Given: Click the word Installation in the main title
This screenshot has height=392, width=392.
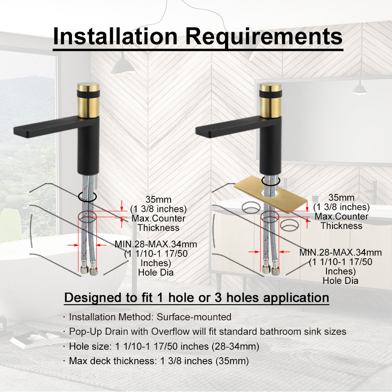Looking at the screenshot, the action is tap(115, 36).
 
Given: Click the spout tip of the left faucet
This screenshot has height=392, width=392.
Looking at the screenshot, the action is tap(16, 131).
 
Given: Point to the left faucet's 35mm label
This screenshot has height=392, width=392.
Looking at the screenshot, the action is tap(158, 200).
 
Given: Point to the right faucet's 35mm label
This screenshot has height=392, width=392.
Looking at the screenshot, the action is tap(341, 198).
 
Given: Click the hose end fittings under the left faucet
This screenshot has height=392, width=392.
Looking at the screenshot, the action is tap(89, 270).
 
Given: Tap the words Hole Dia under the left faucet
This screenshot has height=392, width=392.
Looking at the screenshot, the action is tap(156, 272).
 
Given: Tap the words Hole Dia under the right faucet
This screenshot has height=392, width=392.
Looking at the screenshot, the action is tap(341, 281).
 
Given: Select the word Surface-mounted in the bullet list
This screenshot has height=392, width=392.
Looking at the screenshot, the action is tap(194, 317).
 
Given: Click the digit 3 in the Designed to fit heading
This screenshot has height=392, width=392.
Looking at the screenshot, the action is tap(218, 298).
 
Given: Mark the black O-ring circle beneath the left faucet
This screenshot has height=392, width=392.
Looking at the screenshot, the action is tap(87, 196).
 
